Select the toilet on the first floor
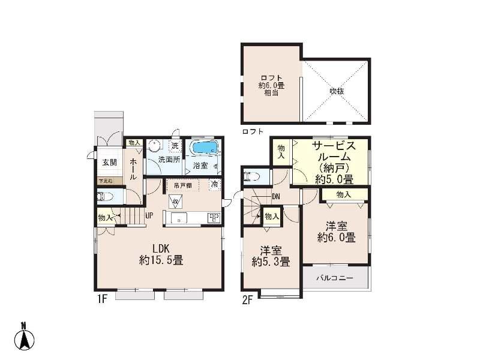[x=103, y=196]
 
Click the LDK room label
[x=161, y=254]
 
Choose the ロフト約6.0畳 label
[x=271, y=85]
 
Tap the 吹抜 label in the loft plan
[x=336, y=91]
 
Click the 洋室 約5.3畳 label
[x=271, y=256]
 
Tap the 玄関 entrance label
[x=109, y=162]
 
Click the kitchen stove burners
[x=214, y=218]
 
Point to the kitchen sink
[x=179, y=218]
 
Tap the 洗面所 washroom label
[x=169, y=160]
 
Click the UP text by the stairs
[x=148, y=214]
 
